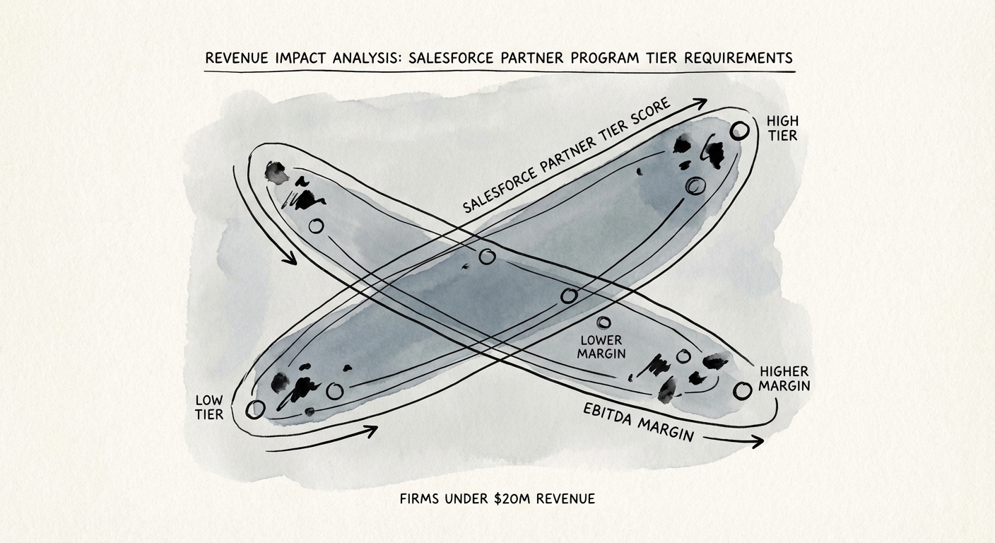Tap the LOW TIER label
[x=209, y=407]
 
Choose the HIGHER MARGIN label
[x=784, y=378]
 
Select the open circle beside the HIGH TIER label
[x=739, y=131]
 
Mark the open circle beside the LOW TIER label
[x=255, y=409]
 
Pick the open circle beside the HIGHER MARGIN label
[x=742, y=390]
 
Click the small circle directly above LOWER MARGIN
[x=604, y=323]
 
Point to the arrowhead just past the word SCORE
[x=700, y=104]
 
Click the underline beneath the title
[x=499, y=71]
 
